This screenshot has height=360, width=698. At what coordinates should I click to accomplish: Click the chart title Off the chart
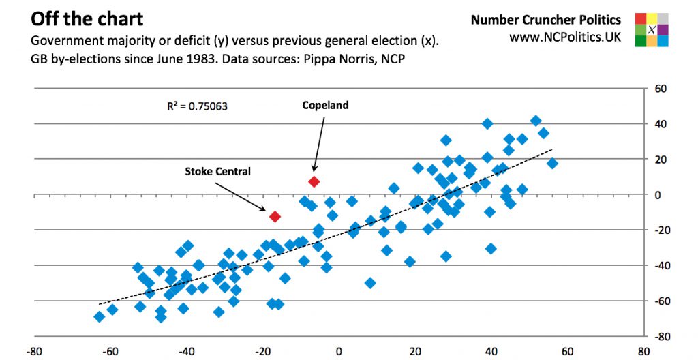coord(87,17)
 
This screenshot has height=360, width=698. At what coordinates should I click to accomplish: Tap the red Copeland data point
coord(314,182)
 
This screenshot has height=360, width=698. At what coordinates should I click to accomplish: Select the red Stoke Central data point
coord(275,217)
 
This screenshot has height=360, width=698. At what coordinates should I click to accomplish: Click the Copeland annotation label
coord(325,105)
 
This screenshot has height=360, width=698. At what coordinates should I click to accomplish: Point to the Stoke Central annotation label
coord(217,171)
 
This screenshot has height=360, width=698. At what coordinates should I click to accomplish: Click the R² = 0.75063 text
coord(197,106)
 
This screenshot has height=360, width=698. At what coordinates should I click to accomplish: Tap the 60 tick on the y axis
coord(661,89)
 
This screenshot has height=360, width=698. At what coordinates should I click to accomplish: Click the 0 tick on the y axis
coord(658,195)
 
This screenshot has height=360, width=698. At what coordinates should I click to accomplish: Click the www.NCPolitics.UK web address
coord(565,37)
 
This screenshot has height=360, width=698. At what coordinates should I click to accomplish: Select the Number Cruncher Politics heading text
coord(545,20)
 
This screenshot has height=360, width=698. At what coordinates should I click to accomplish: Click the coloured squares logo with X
coord(651,29)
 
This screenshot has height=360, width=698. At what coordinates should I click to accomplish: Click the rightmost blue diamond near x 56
coord(552,163)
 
